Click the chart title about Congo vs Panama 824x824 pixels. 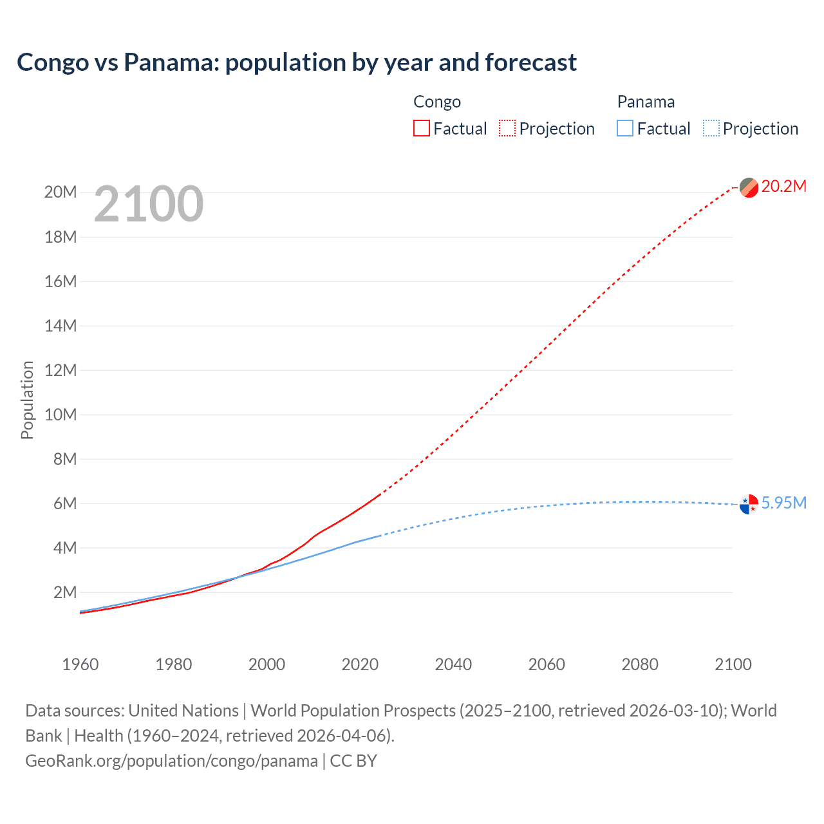click(297, 62)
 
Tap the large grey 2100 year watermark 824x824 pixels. click(149, 204)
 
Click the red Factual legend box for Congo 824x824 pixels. click(421, 129)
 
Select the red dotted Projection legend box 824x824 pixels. click(507, 129)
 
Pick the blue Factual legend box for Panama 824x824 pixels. click(625, 129)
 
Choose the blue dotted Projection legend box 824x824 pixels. click(711, 129)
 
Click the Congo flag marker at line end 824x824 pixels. click(749, 187)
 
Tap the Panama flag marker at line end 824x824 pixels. click(749, 504)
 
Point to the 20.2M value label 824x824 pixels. click(783, 187)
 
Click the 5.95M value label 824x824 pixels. click(783, 503)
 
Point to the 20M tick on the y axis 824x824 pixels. click(61, 192)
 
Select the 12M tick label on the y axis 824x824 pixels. click(61, 370)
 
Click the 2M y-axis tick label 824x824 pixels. click(64, 592)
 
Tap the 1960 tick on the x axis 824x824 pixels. click(80, 664)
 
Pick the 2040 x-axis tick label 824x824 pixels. click(453, 664)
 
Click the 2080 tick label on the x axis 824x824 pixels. click(640, 664)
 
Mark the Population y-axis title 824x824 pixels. click(27, 400)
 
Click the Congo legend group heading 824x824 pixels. click(437, 102)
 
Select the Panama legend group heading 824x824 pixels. click(646, 102)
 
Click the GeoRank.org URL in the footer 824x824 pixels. click(171, 761)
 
